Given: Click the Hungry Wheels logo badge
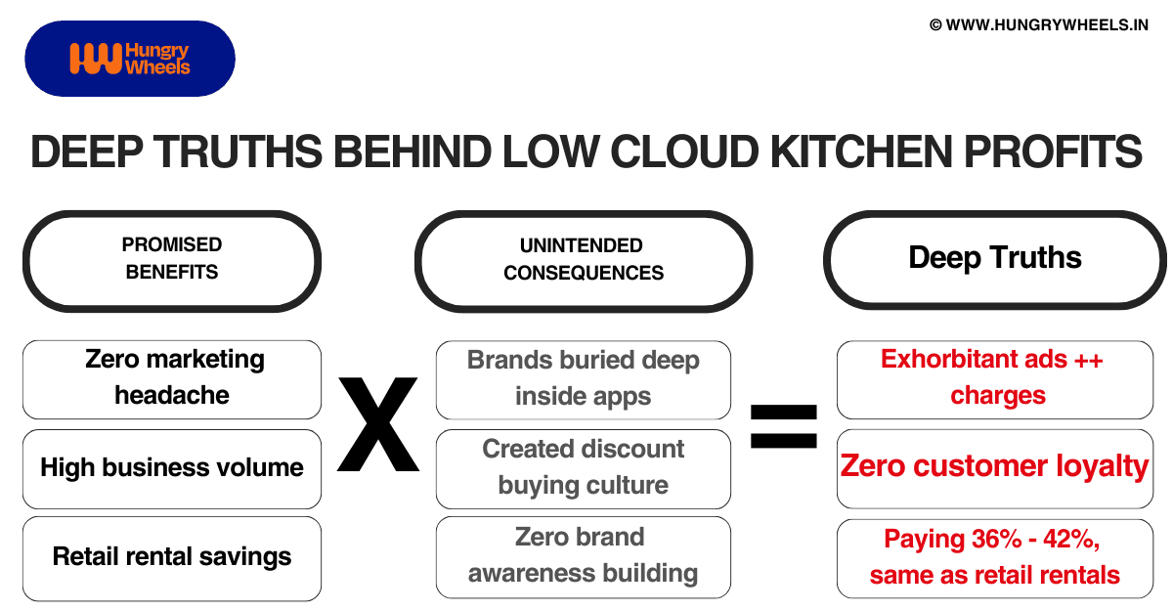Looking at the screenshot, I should pos(129,59).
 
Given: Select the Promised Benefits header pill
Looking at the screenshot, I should pos(172,260).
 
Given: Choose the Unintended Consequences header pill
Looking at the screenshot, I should pos(584,260).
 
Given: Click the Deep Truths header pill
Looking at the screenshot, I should pos(995,259).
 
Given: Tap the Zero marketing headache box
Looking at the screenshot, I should pos(172,378).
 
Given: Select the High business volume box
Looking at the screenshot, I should pos(172,468).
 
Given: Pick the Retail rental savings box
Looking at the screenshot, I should pos(172,557).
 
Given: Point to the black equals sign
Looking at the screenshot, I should pos(783,426).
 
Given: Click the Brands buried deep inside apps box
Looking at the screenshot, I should pos(584,379).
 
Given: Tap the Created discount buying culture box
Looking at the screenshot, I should pos(584,468).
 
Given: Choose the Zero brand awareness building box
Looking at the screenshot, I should pos(584,556).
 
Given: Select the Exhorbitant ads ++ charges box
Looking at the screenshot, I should pos(995,378).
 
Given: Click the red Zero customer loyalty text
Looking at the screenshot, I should pos(995,466).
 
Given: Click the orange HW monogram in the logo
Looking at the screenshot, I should pos(95,59).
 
